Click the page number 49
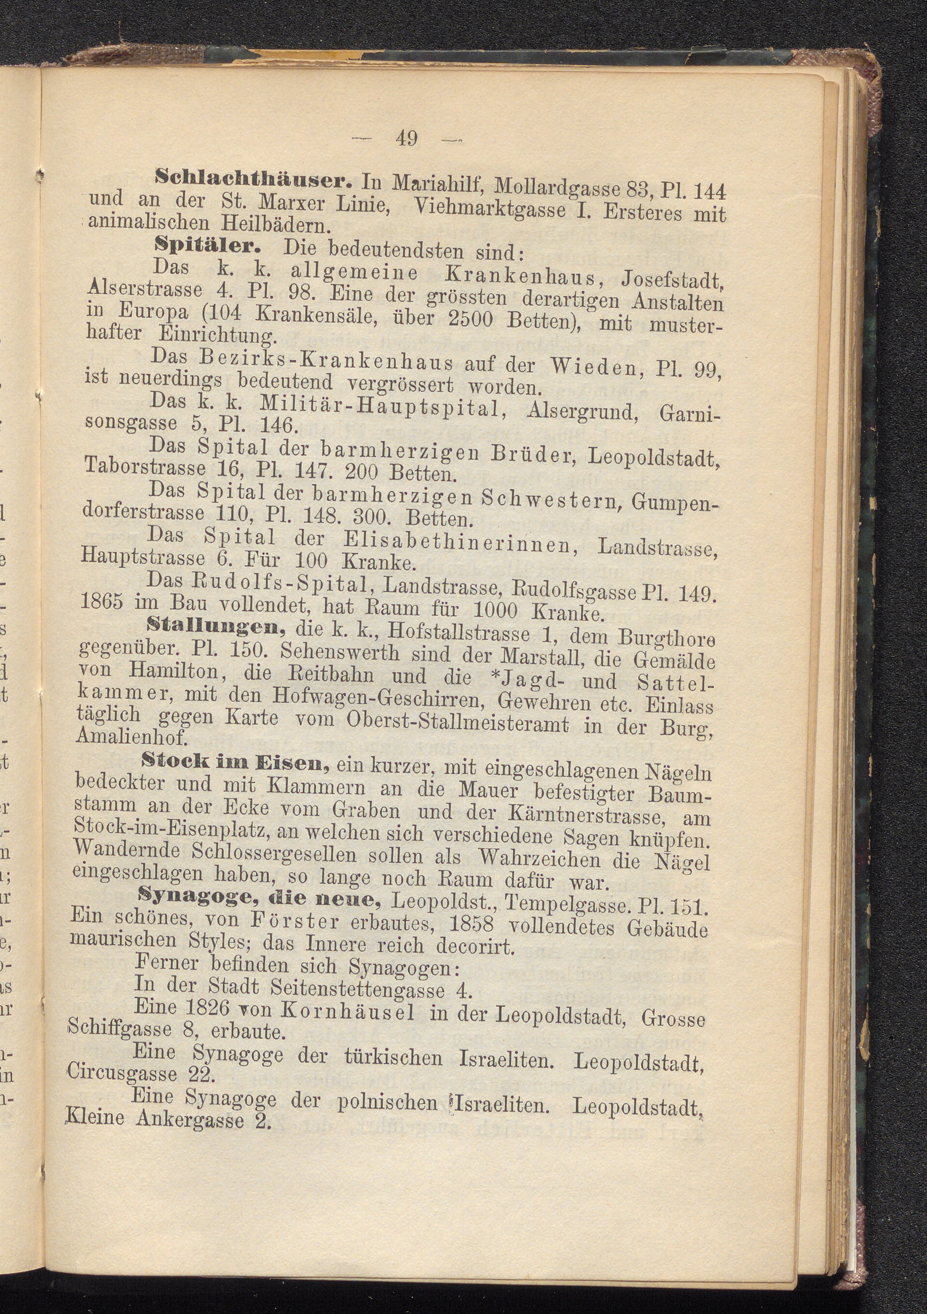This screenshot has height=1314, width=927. (x=406, y=138)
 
